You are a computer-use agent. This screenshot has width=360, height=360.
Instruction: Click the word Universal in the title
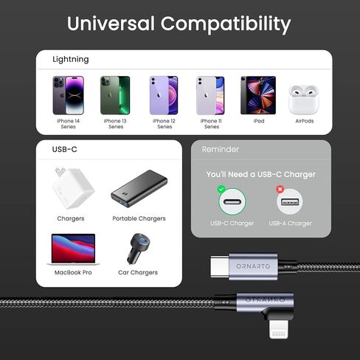coord(112,24)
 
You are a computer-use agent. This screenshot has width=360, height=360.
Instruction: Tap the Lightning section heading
coord(71,59)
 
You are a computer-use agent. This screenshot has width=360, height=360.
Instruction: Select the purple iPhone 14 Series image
coord(68,94)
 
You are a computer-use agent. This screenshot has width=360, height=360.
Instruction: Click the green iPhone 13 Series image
coord(115,94)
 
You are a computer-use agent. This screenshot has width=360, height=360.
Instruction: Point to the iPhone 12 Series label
coord(165,123)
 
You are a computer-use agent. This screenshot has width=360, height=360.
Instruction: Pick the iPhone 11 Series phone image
coord(211,94)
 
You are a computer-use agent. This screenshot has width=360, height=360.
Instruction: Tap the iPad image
coord(257,94)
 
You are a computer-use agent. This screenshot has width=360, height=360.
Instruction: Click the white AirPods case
coord(304,99)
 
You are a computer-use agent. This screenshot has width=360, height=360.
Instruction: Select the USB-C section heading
coord(65,149)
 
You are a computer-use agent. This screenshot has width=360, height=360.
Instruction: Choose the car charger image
coord(138,249)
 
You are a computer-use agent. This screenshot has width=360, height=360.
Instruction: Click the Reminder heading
coord(221,149)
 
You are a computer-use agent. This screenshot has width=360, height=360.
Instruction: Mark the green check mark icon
coord(221,190)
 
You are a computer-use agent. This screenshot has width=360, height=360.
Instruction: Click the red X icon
coord(280,190)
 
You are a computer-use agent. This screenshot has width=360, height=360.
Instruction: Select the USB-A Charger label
coord(290,223)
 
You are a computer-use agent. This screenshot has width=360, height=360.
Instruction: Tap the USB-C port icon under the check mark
coord(232,202)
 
